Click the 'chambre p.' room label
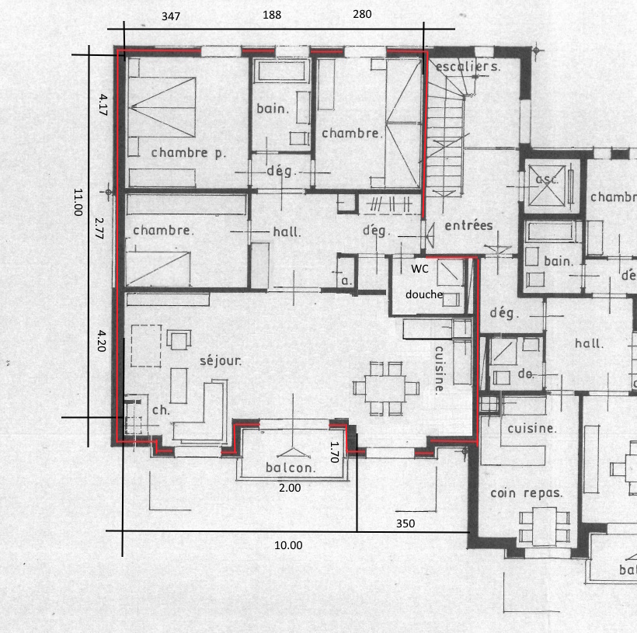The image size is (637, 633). [x=189, y=153]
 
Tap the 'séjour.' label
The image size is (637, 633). [x=221, y=360]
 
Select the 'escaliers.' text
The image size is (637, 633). [x=468, y=67]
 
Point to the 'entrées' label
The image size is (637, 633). [x=468, y=225]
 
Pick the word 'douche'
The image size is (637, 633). [x=423, y=294]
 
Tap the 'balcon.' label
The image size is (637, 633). [x=291, y=468]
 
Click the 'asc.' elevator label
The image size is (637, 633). [x=548, y=179]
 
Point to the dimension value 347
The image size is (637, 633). [x=171, y=16]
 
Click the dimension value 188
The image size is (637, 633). [x=272, y=16]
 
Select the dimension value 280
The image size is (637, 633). [x=362, y=14]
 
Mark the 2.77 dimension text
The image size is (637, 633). [x=99, y=228]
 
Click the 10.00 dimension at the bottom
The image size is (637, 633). [x=288, y=545]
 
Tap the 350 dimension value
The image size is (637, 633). [x=405, y=523]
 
